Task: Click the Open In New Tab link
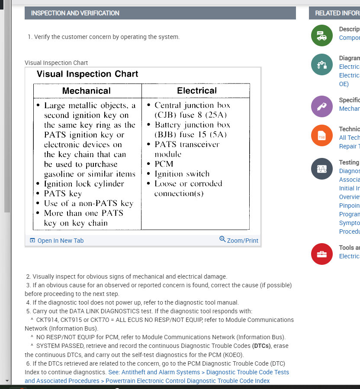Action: click(x=60, y=241)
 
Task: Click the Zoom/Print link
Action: click(x=242, y=240)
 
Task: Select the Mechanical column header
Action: click(x=87, y=91)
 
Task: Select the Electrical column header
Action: click(x=197, y=90)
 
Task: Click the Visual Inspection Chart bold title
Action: click(x=87, y=74)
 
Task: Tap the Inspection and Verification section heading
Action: click(x=75, y=13)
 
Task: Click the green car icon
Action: click(x=321, y=35)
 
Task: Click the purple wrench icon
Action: click(x=321, y=106)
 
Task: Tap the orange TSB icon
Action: click(x=321, y=136)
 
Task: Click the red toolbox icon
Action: click(x=321, y=254)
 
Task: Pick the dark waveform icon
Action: click(x=321, y=169)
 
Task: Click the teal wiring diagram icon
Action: click(x=321, y=65)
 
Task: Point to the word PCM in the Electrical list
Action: click(x=164, y=164)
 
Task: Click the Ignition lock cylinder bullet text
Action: click(x=84, y=183)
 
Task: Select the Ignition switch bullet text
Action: click(x=182, y=174)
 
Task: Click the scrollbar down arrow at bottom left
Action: click(x=6, y=381)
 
